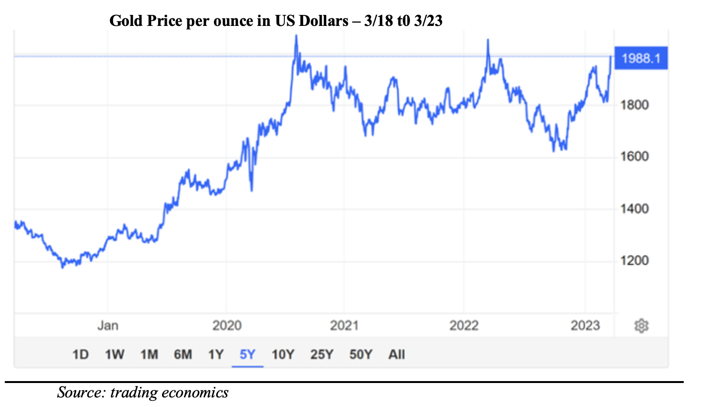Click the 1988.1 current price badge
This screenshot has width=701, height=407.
point(641,59)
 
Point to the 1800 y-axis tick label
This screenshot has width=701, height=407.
point(634,105)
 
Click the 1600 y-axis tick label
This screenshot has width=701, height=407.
point(634,156)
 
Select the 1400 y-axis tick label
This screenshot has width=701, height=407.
point(634,209)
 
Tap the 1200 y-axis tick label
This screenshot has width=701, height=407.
point(634,261)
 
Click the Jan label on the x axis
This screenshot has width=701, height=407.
point(108,325)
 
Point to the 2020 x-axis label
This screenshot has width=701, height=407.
point(227,325)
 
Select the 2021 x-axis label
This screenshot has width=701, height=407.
point(344,325)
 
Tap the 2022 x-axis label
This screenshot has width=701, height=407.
point(464,325)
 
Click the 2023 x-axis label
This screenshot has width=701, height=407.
point(585,325)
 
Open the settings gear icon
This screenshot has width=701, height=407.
point(641,326)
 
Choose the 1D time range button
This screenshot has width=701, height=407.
point(81,355)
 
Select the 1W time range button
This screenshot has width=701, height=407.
point(115,355)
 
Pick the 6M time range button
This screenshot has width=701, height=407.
point(183,355)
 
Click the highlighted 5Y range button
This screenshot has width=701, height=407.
point(247,355)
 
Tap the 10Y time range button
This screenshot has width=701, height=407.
point(283,355)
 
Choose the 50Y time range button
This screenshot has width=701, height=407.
point(361,355)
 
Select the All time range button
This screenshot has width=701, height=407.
point(397,355)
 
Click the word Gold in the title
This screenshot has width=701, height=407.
point(126,21)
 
